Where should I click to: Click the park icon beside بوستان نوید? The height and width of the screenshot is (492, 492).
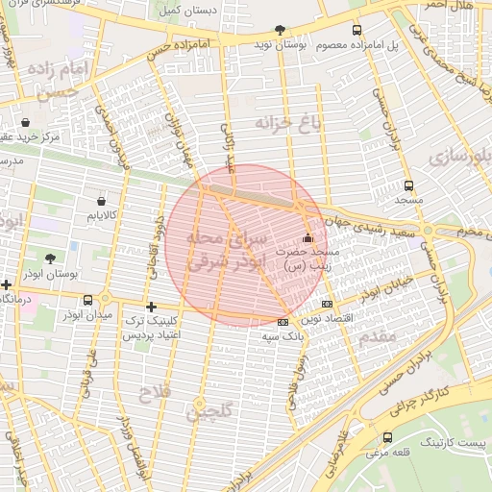280,30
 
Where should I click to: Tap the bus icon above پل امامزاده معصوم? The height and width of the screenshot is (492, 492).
358,30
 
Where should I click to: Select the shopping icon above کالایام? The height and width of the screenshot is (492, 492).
101,201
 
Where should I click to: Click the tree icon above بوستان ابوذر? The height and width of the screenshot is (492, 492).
50,258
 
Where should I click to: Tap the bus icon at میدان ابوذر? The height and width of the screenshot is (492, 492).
88,300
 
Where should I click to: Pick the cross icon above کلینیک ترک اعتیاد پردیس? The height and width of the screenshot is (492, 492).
151,306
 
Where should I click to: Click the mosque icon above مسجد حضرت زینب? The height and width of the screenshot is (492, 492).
307,238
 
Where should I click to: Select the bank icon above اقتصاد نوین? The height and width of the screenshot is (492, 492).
327,304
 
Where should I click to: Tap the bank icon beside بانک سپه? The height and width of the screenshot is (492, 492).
282,322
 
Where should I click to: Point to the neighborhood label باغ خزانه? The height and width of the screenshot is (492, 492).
286,122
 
